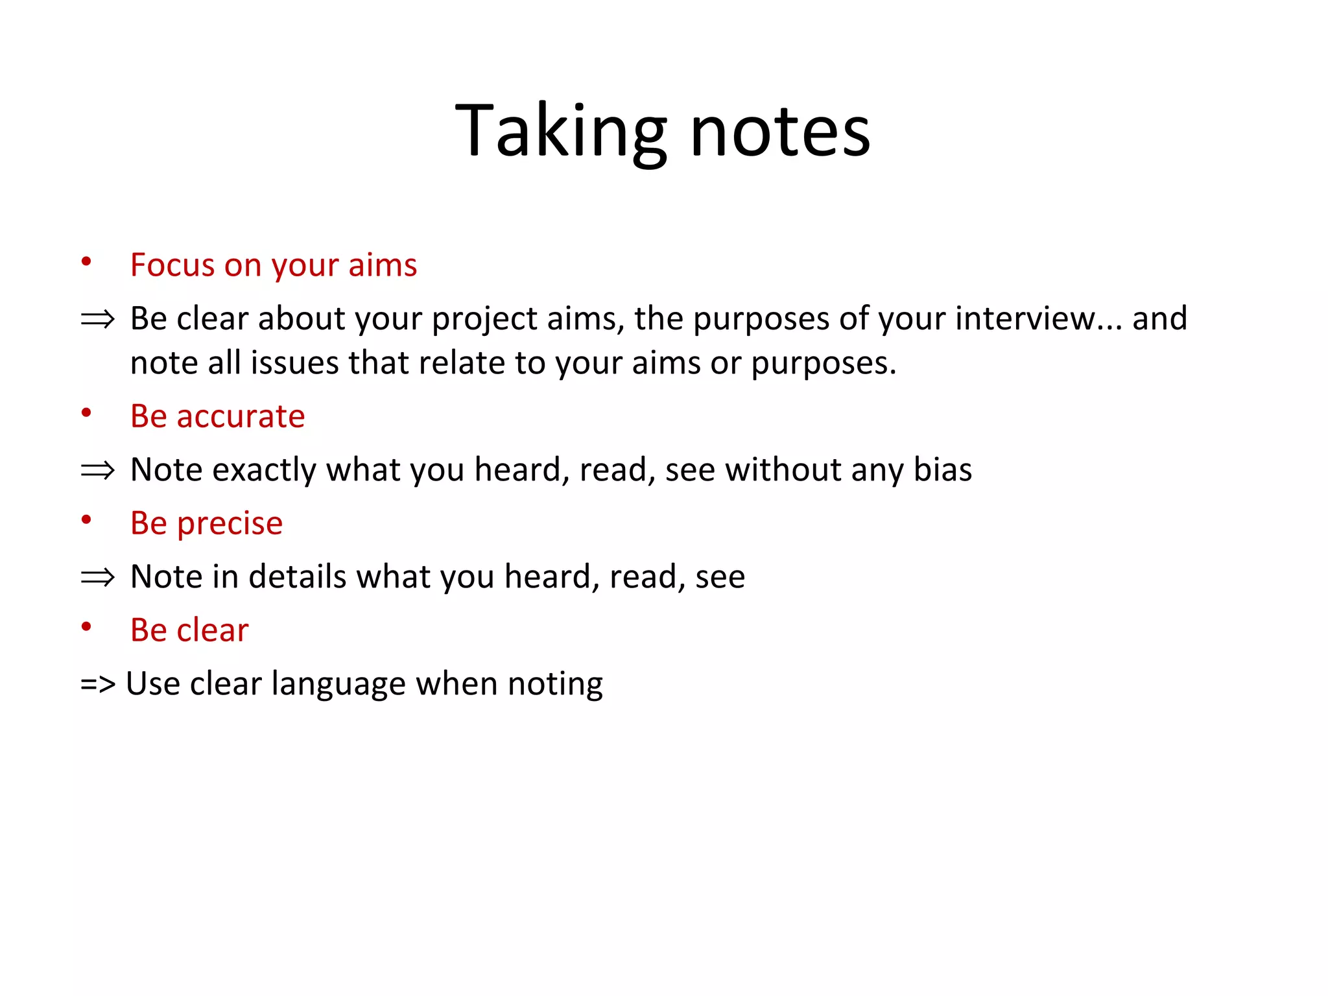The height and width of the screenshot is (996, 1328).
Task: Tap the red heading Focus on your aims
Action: pos(273,265)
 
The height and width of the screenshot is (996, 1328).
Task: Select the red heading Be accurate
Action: pos(217,416)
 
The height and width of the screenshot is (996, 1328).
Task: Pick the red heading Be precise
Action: pos(206,523)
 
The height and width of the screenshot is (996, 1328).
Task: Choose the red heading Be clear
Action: pos(189,630)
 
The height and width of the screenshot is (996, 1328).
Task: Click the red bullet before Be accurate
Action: pos(86,413)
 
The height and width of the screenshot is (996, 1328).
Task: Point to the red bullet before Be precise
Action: pos(86,520)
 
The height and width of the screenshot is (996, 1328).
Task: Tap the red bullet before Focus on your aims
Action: pos(86,262)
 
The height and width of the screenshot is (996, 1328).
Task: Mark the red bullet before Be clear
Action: pos(86,627)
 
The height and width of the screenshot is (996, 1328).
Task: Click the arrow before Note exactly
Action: pos(97,470)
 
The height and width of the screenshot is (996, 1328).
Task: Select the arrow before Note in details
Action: pos(97,577)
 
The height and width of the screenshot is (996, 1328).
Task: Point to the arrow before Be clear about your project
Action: pos(97,319)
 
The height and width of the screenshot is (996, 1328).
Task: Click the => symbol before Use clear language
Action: pos(97,684)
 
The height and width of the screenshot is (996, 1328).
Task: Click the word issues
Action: pos(294,363)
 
